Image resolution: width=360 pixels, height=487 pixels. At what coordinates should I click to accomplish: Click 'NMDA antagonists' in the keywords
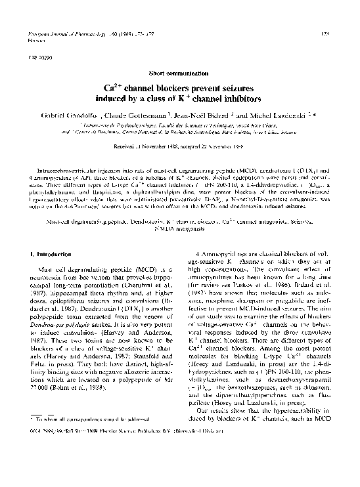(179, 227)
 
